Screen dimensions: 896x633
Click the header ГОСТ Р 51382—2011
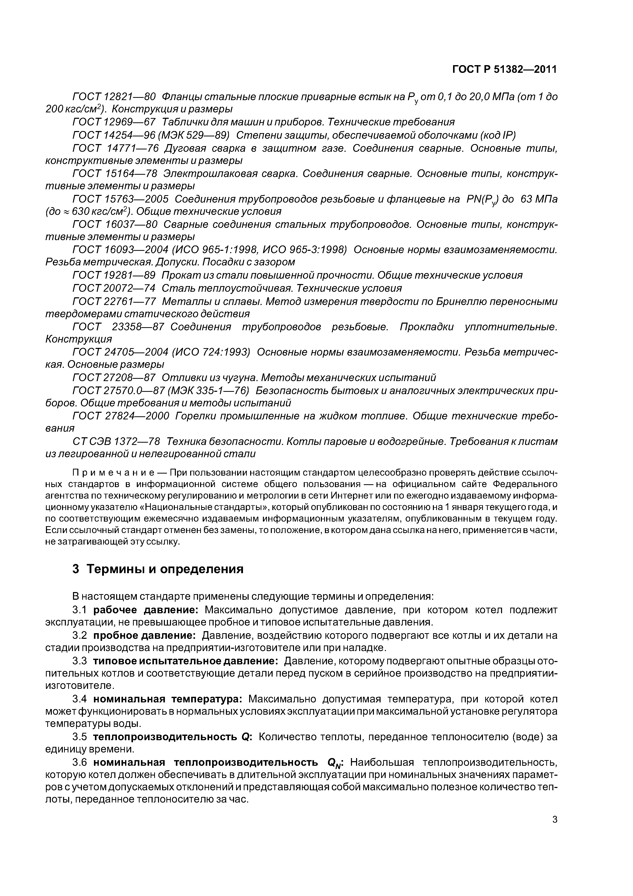504,69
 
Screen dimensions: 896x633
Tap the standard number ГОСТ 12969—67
114,122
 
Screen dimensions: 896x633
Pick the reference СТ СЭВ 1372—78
116,441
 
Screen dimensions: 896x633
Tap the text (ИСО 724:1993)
211,352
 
